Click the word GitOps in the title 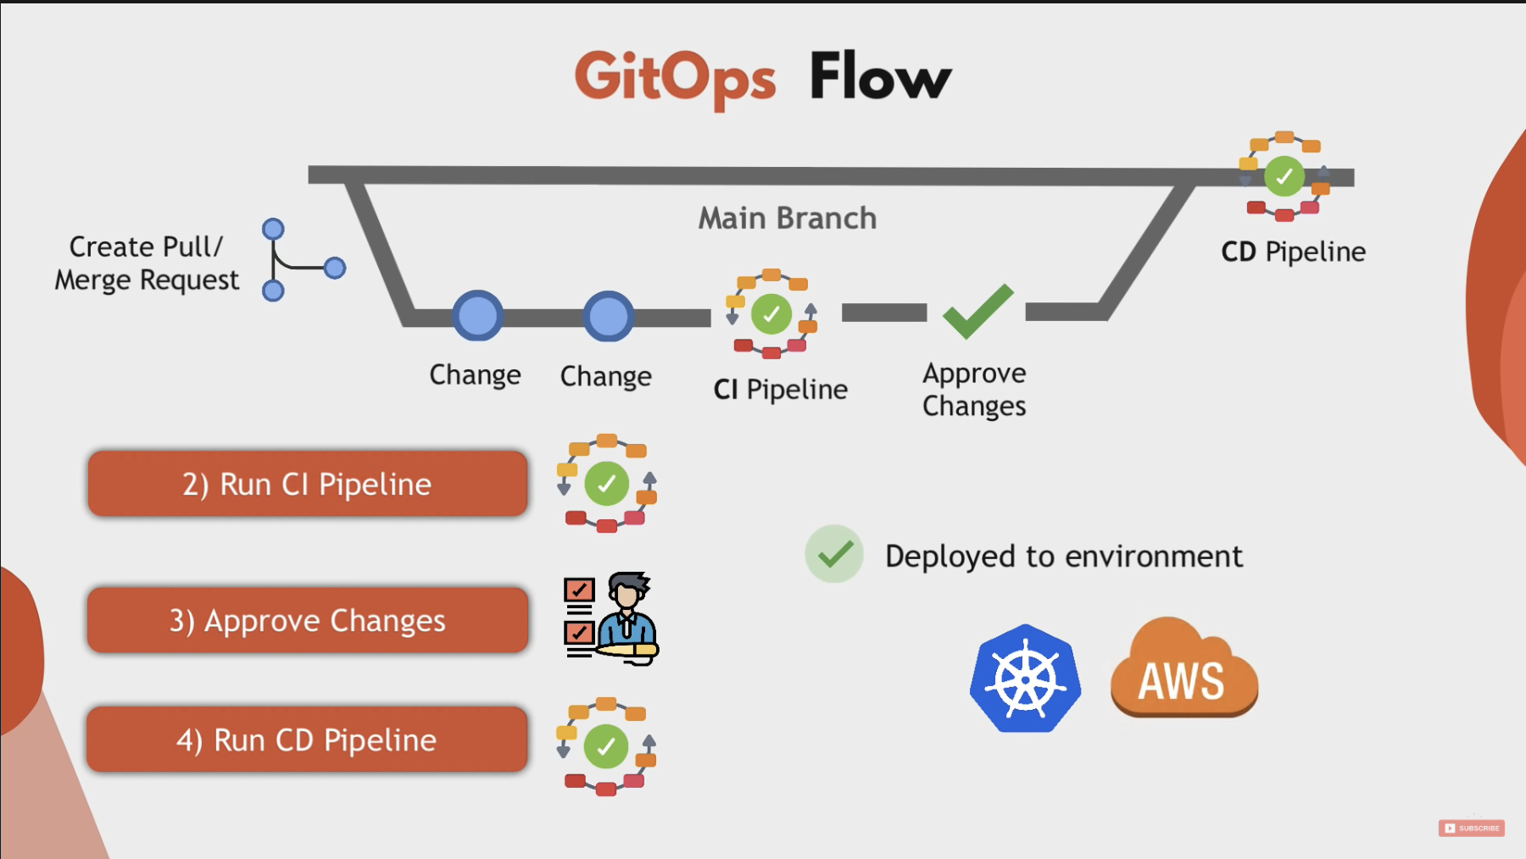click(675, 78)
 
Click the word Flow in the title click(880, 76)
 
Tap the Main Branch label click(787, 219)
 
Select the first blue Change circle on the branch click(477, 316)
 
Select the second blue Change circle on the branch click(608, 316)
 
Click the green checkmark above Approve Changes click(977, 311)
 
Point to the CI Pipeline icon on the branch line click(771, 314)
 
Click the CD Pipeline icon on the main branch click(1284, 176)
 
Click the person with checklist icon click(611, 618)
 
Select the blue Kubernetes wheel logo click(1025, 679)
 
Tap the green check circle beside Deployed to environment click(834, 554)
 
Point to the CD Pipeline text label click(1293, 252)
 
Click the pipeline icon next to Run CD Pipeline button click(606, 746)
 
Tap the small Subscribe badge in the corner click(1471, 828)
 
